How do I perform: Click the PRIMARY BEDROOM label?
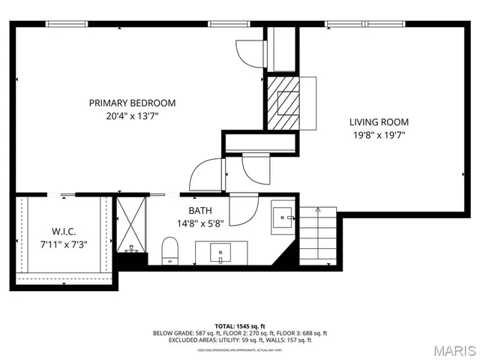[132, 103]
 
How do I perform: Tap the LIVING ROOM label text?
[379, 122]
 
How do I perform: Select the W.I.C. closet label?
[64, 230]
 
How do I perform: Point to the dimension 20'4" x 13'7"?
[132, 116]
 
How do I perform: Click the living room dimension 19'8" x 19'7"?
[379, 136]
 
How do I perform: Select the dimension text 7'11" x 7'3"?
[64, 243]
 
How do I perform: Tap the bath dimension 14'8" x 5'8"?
[201, 223]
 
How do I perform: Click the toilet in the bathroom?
[170, 250]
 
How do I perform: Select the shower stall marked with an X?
[132, 223]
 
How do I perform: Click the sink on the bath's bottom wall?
[220, 252]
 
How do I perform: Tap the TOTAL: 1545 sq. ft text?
[240, 326]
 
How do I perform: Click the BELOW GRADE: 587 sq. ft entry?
[181, 333]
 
